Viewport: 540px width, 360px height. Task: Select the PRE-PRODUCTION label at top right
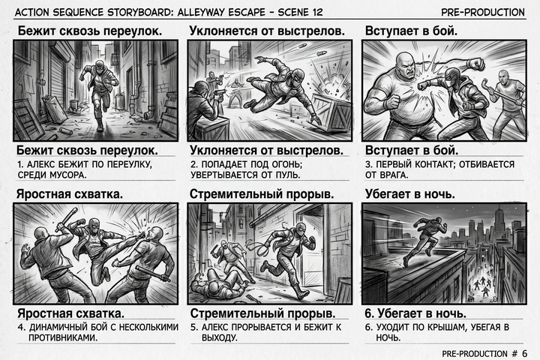(483, 12)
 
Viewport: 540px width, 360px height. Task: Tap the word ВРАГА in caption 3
(394, 175)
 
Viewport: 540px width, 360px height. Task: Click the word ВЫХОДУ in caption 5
(214, 337)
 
